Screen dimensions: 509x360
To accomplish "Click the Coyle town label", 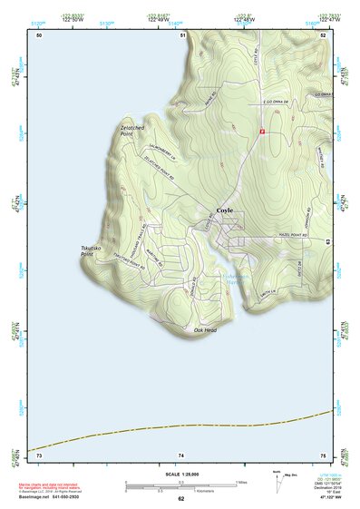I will [225, 210].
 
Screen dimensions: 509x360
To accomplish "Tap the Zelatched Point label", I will [133, 131].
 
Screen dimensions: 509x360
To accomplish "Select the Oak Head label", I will [205, 330].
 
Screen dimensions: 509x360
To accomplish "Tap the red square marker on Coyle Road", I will [261, 132].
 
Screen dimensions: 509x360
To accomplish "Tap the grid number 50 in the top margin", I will [39, 34].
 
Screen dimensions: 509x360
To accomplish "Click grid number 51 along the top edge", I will [182, 34].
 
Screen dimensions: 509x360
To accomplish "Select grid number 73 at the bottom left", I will [38, 454].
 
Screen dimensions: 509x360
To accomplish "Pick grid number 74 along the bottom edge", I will [182, 454].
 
